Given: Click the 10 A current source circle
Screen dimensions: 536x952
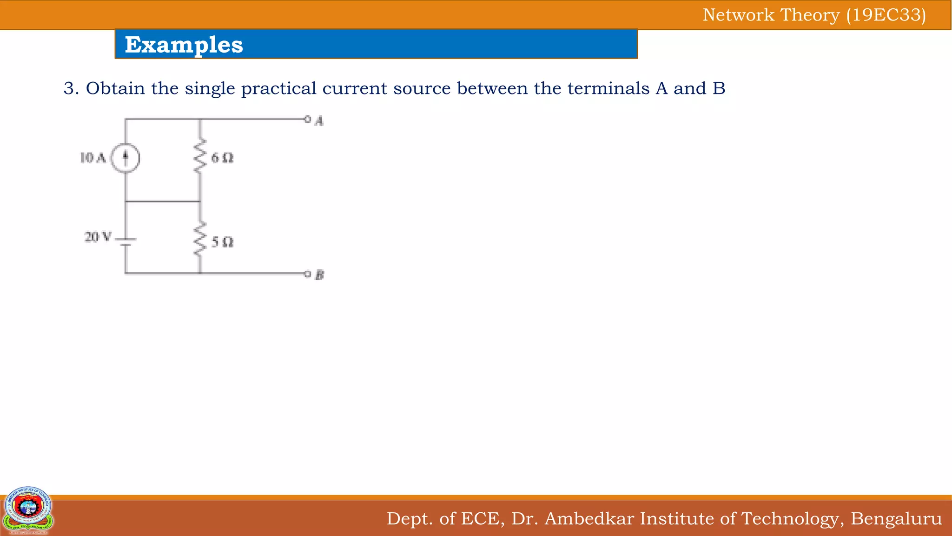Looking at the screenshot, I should (125, 158).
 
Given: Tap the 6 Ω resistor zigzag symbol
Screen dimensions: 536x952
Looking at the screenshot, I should (200, 156).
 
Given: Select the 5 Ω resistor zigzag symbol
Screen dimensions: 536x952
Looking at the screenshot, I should (200, 239).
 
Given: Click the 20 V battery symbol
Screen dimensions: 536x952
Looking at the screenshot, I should (126, 241).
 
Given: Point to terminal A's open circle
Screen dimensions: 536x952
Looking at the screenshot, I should (307, 119).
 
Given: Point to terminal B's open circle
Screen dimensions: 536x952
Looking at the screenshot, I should (307, 274).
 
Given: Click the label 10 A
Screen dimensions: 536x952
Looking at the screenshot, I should (93, 158).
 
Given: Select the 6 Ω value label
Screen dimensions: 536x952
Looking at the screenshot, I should (222, 158).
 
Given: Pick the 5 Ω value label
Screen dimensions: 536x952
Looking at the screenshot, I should (222, 242).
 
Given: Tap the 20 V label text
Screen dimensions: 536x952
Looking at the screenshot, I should (98, 237).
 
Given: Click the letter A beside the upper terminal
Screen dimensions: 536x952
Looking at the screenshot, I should (319, 121).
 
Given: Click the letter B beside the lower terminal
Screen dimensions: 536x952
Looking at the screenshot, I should (319, 275).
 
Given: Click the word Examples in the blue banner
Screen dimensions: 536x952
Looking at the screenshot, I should (184, 45).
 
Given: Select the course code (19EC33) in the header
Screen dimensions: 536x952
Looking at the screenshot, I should (886, 15).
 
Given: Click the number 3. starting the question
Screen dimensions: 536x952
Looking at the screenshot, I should (71, 88).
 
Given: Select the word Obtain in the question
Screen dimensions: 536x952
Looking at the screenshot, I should (115, 88).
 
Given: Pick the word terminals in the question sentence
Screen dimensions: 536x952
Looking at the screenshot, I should (608, 88).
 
